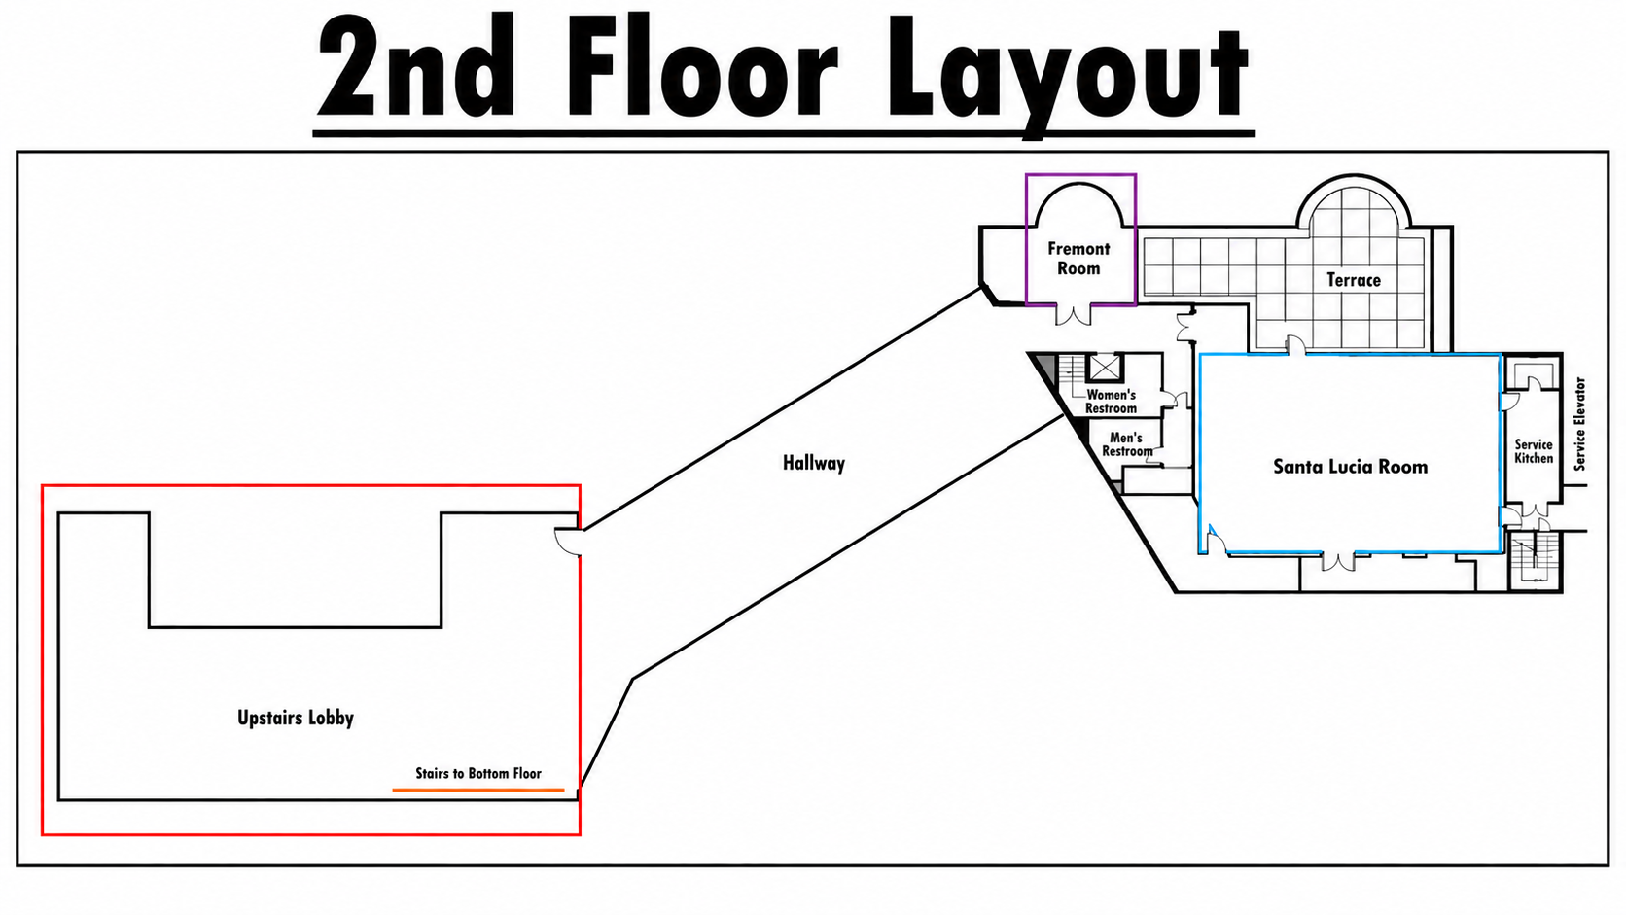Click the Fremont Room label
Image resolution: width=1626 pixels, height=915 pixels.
[x=1078, y=259]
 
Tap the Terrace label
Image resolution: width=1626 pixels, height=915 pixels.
[x=1353, y=280]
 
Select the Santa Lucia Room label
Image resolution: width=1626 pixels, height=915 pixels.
[x=1350, y=466]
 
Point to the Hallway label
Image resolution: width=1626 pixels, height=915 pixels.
[x=814, y=463]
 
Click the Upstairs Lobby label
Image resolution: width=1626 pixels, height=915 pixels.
[x=296, y=718]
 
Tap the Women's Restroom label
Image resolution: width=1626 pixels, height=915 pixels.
[x=1111, y=402]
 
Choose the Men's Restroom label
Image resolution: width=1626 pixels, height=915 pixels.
[x=1126, y=444]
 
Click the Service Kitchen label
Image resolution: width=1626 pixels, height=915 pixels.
[x=1533, y=451]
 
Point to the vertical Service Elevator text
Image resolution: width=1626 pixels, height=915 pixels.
[x=1579, y=424]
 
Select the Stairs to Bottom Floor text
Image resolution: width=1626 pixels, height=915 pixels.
[x=478, y=773]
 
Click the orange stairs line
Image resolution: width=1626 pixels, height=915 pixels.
[x=478, y=790]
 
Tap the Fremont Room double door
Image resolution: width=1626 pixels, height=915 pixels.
[x=1073, y=314]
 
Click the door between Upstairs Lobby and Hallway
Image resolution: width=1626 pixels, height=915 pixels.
[x=568, y=542]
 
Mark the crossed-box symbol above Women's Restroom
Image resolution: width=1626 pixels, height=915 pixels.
[x=1104, y=368]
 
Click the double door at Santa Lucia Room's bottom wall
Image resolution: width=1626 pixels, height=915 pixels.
[x=1337, y=561]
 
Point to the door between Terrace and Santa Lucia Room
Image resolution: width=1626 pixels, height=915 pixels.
[x=1295, y=344]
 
